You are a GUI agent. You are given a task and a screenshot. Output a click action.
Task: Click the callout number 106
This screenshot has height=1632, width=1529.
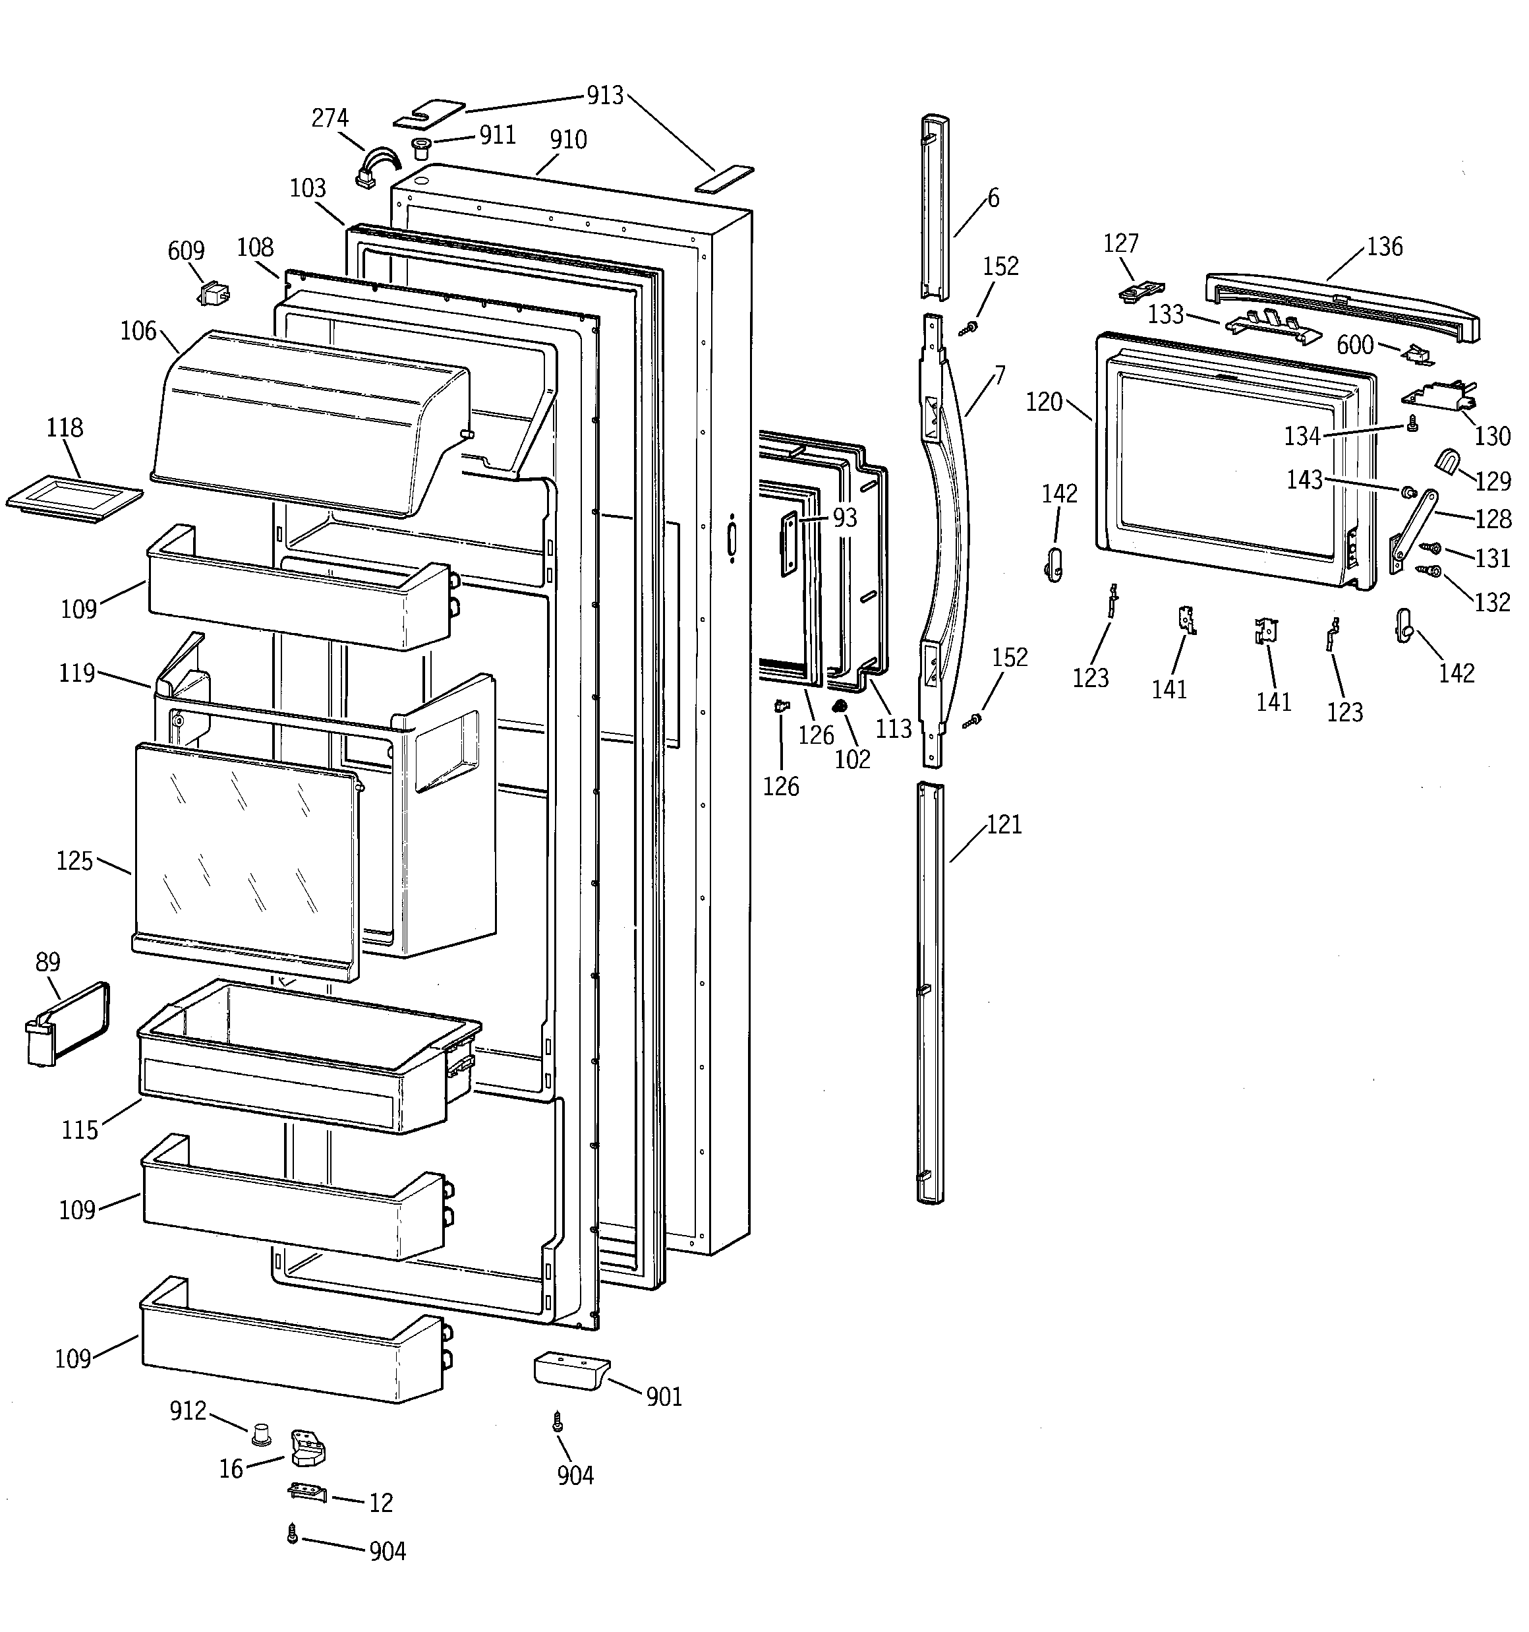click(138, 331)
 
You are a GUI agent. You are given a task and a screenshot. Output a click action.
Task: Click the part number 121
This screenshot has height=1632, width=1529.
click(1004, 824)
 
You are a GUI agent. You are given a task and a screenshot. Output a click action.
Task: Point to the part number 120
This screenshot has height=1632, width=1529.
click(1044, 402)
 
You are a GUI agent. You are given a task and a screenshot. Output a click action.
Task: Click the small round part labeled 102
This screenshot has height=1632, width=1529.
click(839, 706)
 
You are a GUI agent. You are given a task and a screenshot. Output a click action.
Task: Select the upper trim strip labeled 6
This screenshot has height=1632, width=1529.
click(934, 205)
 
